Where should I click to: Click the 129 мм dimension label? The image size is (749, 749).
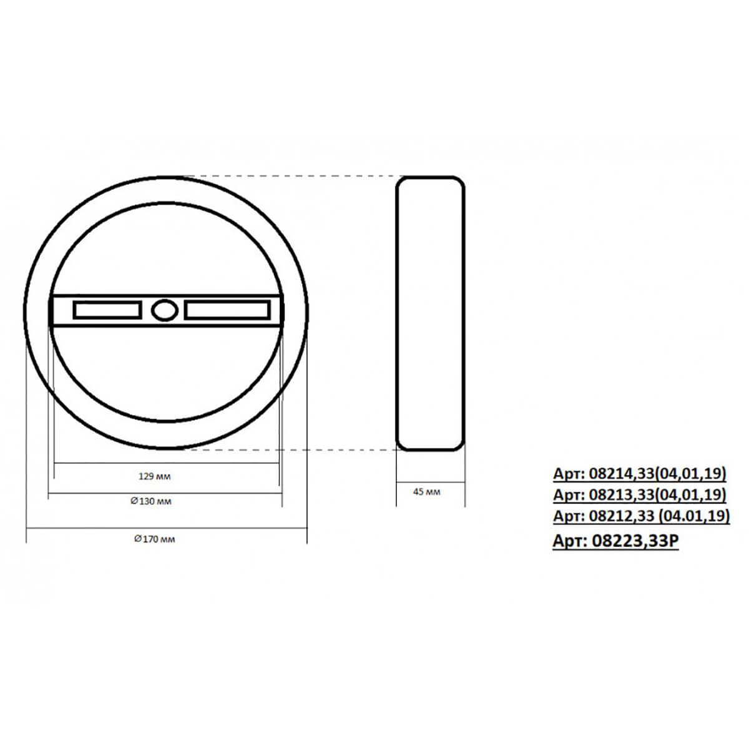pos(155,476)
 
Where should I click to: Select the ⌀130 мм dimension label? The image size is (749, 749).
pos(151,501)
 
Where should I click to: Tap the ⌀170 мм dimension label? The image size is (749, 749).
pos(154,539)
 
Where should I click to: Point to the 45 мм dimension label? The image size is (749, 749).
pos(427,492)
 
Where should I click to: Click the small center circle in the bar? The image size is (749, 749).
pos(165,311)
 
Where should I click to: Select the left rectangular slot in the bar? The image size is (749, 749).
pos(107,310)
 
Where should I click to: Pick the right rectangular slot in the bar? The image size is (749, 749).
pos(227,310)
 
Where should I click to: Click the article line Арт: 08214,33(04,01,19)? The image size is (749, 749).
pos(639,474)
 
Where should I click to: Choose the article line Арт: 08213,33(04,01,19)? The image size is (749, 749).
pos(639,495)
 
